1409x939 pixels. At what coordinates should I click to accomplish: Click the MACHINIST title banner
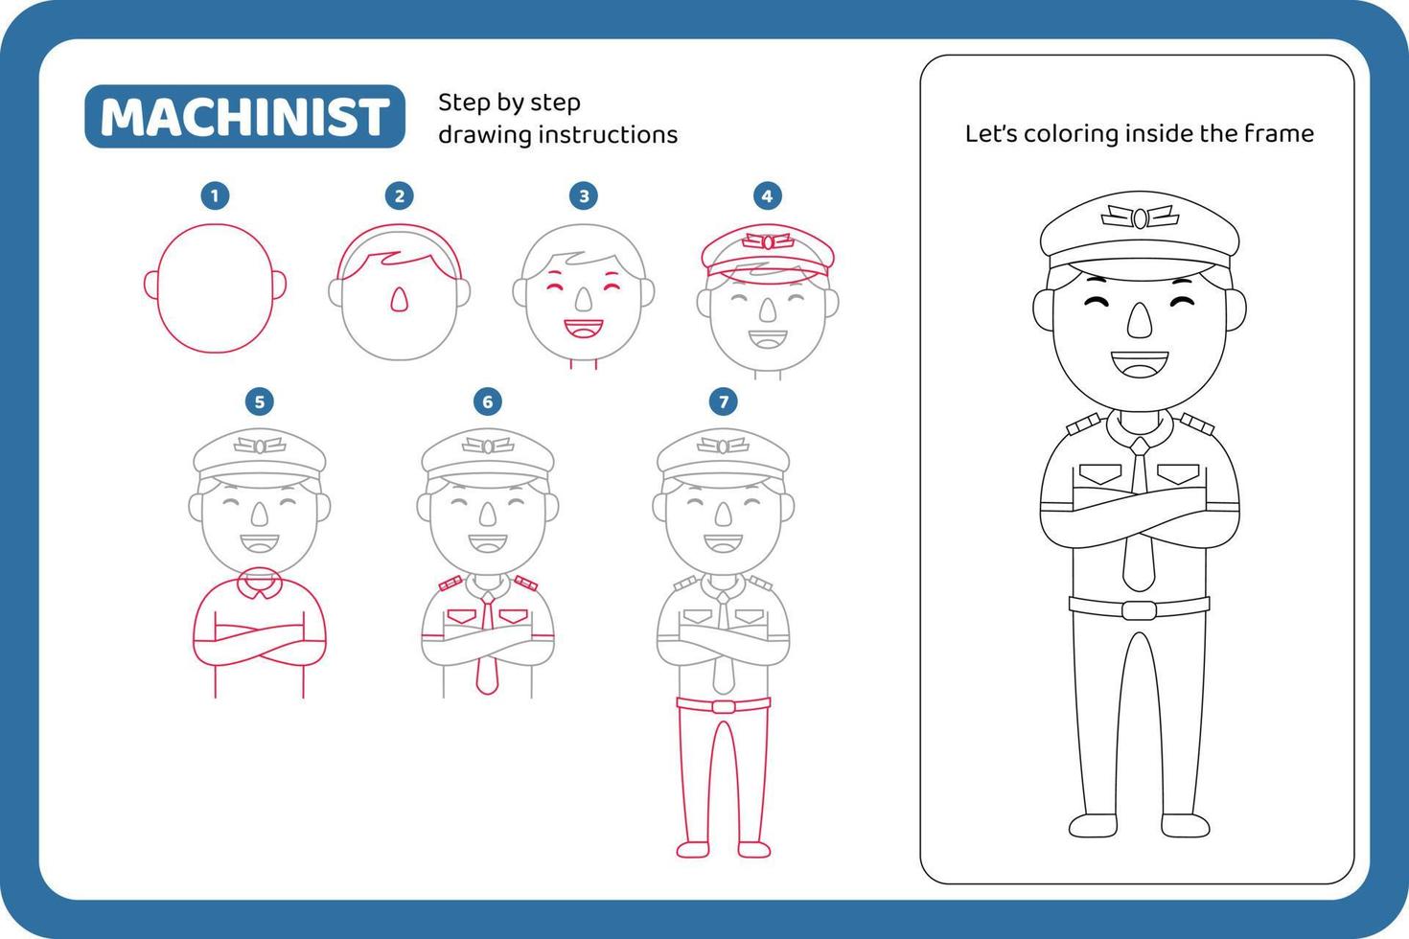[244, 117]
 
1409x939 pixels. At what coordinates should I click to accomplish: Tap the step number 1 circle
[214, 196]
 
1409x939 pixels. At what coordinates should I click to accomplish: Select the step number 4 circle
[766, 196]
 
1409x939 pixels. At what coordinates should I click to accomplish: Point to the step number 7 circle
[723, 401]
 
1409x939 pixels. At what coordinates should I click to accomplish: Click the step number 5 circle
[259, 401]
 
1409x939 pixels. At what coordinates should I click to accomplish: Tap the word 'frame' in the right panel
[1279, 134]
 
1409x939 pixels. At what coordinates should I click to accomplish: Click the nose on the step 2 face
[399, 301]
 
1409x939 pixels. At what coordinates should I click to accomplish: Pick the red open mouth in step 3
[582, 331]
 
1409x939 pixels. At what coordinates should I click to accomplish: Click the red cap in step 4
[767, 251]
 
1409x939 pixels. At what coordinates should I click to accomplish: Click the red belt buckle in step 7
[723, 706]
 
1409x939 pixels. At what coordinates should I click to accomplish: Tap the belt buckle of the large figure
[1139, 609]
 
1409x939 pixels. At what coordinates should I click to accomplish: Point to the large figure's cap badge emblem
[1139, 218]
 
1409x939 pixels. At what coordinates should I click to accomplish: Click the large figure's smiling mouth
[1139, 365]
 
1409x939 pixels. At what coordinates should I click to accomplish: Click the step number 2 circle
[399, 196]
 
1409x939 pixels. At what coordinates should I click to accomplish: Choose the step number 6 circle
[487, 401]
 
